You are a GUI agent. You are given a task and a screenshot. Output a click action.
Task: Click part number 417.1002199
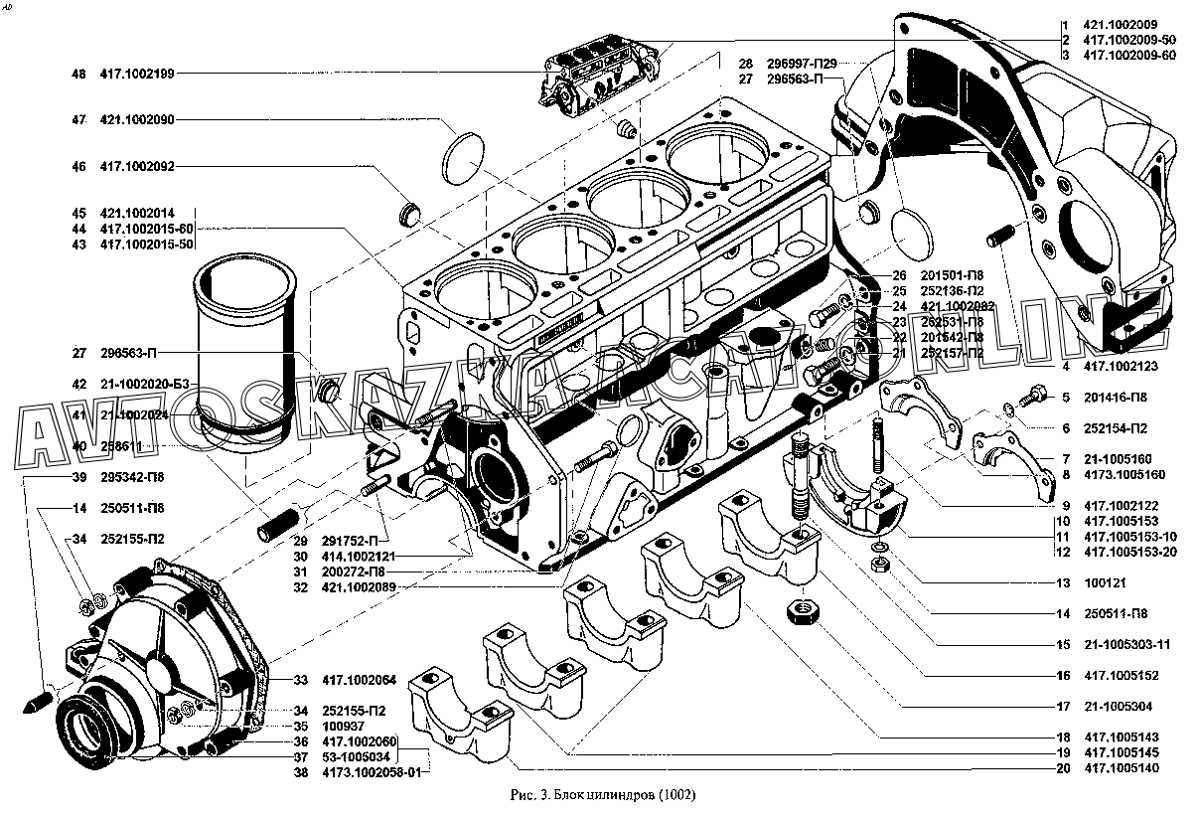[137, 74]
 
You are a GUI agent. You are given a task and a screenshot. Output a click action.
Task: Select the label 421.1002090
[137, 119]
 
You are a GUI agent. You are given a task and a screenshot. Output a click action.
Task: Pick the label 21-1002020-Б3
[145, 384]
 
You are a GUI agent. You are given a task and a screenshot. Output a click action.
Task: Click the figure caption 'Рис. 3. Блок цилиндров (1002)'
[603, 795]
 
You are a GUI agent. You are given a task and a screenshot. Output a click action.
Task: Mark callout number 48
[78, 74]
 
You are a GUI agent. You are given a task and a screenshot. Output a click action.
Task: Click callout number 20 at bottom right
[1063, 768]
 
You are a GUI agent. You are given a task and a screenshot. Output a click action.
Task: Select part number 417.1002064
[359, 680]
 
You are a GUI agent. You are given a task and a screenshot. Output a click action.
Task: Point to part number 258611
[120, 446]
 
